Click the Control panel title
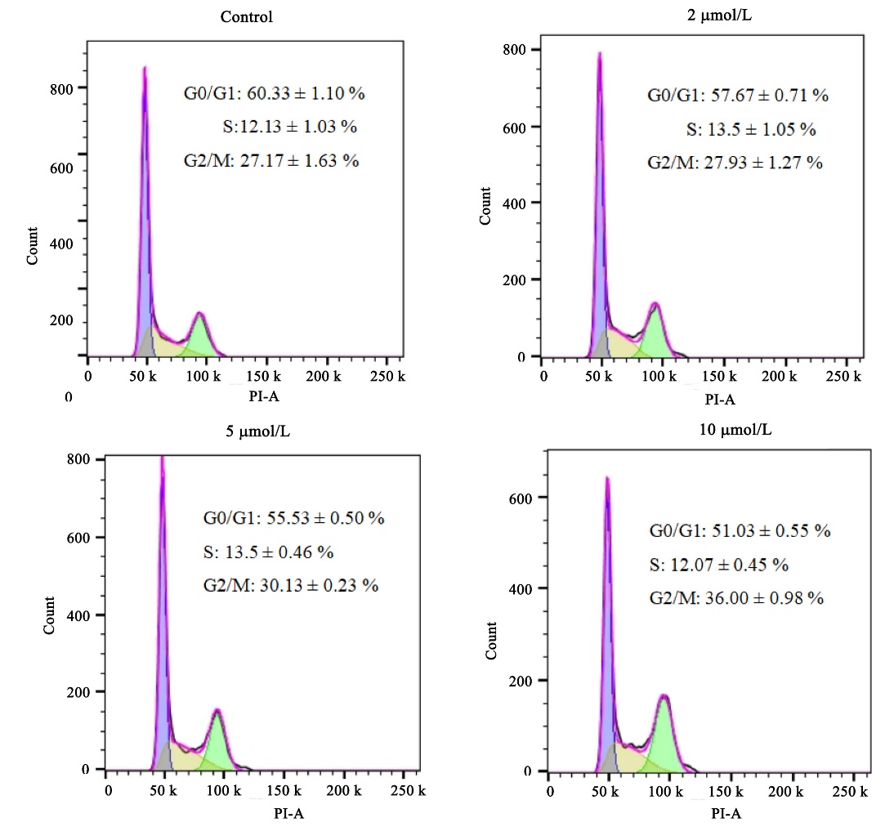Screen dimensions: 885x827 [246, 17]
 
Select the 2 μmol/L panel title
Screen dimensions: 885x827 [719, 16]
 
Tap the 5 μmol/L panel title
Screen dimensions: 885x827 [258, 431]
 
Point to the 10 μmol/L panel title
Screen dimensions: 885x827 [735, 430]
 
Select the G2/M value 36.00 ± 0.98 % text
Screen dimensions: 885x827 [764, 598]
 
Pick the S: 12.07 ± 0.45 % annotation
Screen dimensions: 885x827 [718, 565]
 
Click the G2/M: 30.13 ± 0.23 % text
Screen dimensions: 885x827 [291, 585]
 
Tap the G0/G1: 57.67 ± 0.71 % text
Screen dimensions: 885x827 [738, 96]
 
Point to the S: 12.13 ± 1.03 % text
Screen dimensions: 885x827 [289, 127]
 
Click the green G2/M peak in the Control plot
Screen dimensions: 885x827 [199, 335]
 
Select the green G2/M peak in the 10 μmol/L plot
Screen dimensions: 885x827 [665, 735]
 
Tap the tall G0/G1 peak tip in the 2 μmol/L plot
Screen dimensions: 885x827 [600, 53]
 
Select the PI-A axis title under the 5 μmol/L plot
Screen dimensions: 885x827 [289, 813]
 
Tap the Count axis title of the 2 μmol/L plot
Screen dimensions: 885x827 [485, 206]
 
